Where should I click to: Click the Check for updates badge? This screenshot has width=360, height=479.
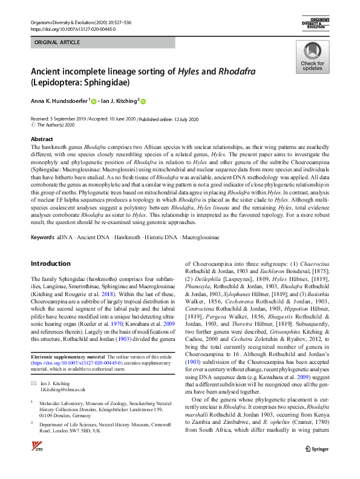(x=312, y=58)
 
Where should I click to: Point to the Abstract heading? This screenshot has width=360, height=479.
(x=42, y=139)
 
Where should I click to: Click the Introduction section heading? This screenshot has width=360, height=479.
(x=50, y=263)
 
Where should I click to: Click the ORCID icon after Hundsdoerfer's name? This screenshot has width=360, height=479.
(x=94, y=101)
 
